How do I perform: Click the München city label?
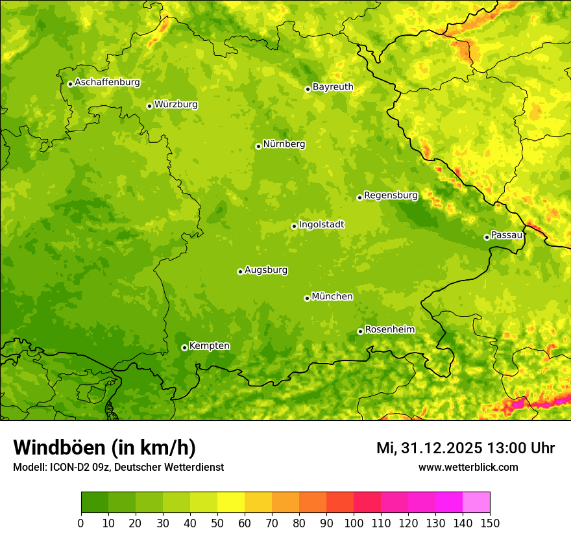[x=332, y=297]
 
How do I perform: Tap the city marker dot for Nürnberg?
[x=258, y=146]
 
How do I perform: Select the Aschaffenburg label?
[x=107, y=82]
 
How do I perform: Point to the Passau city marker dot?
[x=487, y=237]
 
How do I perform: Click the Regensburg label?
[x=391, y=195]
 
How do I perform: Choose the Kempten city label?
[x=209, y=346]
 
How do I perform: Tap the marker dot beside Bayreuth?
[x=308, y=89]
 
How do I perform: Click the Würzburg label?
[x=176, y=105]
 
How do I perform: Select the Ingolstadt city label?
[x=321, y=225]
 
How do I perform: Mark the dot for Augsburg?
[x=240, y=271]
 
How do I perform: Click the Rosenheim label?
[x=389, y=330]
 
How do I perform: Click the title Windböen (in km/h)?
[x=104, y=447]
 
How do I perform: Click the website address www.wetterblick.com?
[x=468, y=467]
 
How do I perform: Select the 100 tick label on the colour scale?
[x=354, y=523]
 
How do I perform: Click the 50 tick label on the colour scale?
[x=217, y=523]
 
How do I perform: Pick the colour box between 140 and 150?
[x=476, y=503]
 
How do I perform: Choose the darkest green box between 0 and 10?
[x=95, y=503]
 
